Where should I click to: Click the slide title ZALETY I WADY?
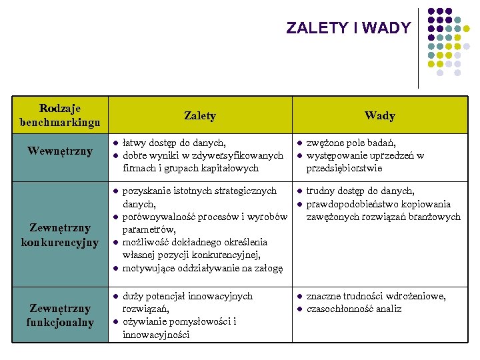click(348, 28)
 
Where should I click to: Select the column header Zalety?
click(200, 115)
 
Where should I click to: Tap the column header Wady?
click(379, 115)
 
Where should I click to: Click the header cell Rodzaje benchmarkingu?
click(60, 115)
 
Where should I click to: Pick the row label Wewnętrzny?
click(60, 151)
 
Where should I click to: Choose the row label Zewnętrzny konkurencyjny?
click(60, 235)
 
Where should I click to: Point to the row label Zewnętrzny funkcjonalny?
click(60, 315)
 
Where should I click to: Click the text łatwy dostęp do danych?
click(175, 143)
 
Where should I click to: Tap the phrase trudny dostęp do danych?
click(360, 191)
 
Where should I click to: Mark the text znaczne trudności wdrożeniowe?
click(376, 296)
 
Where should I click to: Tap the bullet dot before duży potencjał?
click(115, 297)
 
